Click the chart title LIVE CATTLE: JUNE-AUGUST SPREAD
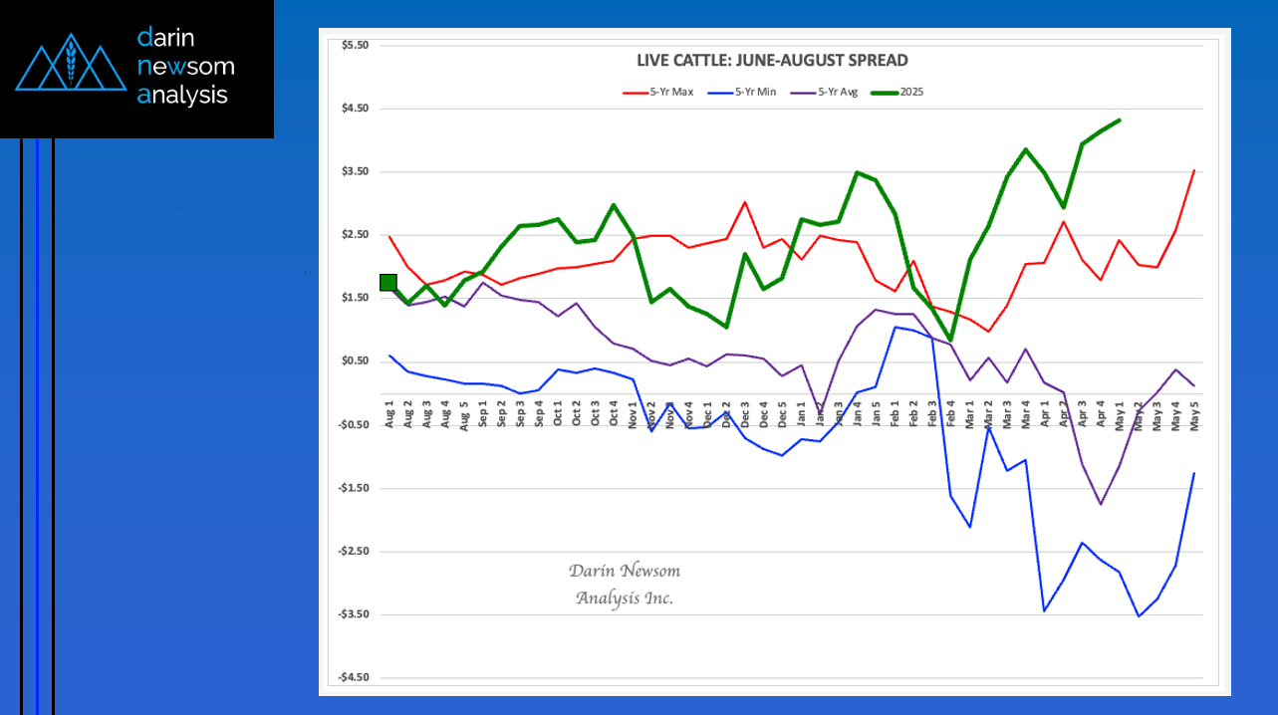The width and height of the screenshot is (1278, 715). (772, 61)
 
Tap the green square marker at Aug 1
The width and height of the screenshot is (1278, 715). (388, 282)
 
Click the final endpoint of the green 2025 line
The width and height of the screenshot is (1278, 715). (1120, 120)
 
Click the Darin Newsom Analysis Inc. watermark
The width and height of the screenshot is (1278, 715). (625, 585)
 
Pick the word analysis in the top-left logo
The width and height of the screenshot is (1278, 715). (182, 96)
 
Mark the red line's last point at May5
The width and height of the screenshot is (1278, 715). (1193, 171)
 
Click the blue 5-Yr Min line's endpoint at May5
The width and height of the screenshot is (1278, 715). (1193, 473)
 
